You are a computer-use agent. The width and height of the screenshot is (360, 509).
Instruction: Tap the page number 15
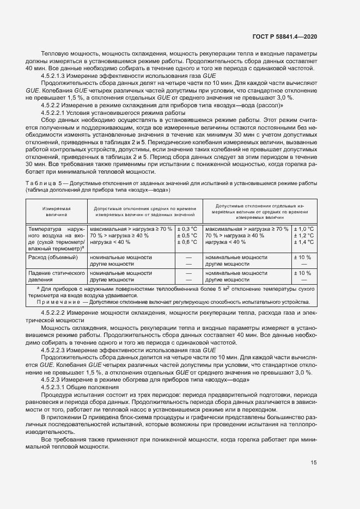point(314,463)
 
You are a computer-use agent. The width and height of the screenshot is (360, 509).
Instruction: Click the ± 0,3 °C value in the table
point(188,229)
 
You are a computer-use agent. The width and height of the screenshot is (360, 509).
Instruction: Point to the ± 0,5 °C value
point(188,235)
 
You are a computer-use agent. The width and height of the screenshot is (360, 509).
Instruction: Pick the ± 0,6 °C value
point(188,242)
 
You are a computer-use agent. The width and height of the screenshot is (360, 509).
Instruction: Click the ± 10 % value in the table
point(302,256)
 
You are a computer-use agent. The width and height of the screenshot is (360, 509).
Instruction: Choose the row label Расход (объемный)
point(53,256)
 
